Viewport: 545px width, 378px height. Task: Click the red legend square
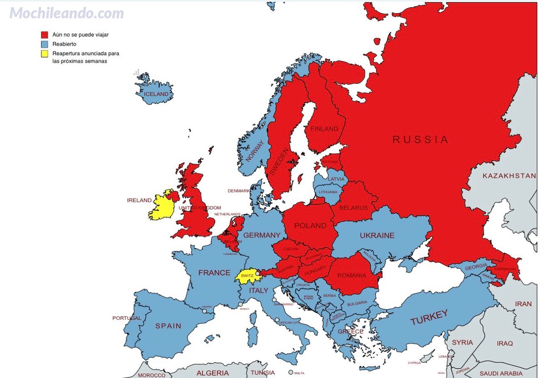coord(45,35)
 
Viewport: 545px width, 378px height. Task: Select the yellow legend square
coord(45,54)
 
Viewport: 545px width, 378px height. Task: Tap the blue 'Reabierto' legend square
coord(45,44)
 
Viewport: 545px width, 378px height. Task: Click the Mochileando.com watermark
coord(66,13)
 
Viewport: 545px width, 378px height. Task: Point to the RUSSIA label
coord(420,139)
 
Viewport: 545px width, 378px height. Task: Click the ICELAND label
coord(156,94)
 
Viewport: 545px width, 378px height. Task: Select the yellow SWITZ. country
coord(247,276)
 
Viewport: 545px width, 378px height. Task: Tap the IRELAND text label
coord(139,200)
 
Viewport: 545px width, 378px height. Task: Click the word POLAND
coord(310,225)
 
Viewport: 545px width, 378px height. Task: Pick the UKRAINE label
coord(377,235)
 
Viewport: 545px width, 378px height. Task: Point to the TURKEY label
coord(429,317)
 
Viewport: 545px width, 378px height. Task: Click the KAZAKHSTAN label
coord(509,175)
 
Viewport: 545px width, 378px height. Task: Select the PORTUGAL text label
coord(127,318)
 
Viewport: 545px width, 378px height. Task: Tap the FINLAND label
coord(324,129)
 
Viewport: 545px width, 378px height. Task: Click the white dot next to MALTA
coord(290,372)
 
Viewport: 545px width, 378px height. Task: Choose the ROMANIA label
coord(352,275)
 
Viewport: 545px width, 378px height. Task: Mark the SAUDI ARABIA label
coord(501,373)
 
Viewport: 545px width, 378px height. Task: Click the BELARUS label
coord(353,208)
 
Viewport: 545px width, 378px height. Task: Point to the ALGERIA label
coord(212,373)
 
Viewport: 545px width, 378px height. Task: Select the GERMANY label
coord(262,235)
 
